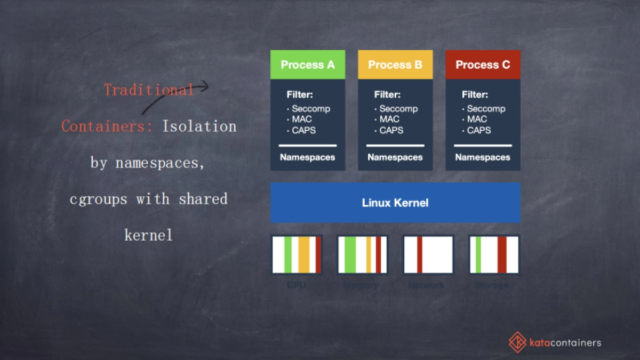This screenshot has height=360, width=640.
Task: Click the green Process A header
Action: tap(308, 65)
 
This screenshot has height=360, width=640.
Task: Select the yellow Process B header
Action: tap(395, 65)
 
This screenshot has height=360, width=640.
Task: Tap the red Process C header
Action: tap(483, 65)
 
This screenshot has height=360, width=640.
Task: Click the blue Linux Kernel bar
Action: tap(395, 203)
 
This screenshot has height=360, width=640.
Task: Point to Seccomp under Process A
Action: tap(311, 109)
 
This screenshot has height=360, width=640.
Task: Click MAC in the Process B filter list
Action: tap(389, 119)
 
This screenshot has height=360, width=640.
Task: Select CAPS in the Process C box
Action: tap(479, 130)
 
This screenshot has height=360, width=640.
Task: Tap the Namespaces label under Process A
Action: tap(308, 157)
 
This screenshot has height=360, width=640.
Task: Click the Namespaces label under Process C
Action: tap(483, 157)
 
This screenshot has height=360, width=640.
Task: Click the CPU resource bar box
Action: tap(297, 254)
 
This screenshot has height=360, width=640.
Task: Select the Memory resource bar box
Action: tap(362, 254)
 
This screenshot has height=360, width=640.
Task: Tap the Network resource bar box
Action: tap(428, 254)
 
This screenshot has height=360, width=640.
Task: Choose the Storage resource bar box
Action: tap(493, 254)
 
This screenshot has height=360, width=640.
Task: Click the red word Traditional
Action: tap(148, 90)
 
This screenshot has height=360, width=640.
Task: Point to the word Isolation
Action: tap(199, 126)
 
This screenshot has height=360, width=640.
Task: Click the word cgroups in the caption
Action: tap(99, 199)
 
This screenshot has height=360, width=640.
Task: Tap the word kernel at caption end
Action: tap(148, 235)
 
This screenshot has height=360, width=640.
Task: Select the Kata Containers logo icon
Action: tap(517, 341)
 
